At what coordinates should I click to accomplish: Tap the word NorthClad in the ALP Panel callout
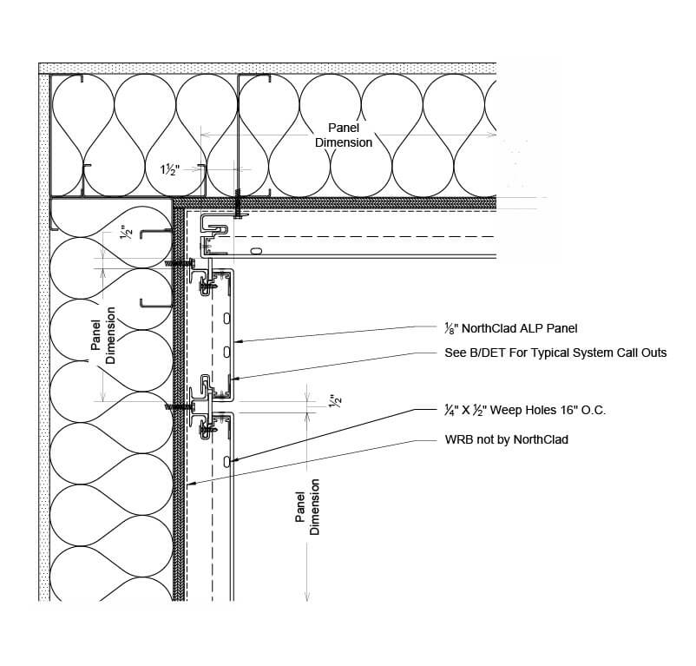[490, 328]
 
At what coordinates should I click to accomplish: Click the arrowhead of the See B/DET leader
[233, 378]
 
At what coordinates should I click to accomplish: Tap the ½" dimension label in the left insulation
[127, 234]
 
